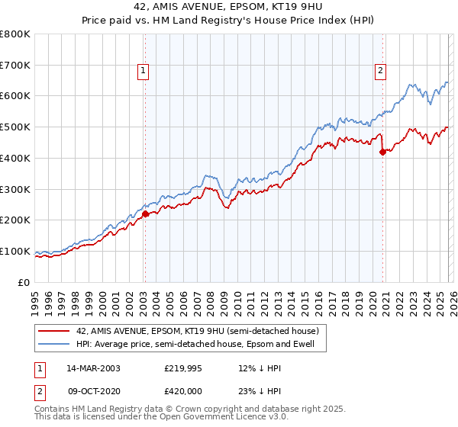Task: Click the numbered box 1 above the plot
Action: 143,72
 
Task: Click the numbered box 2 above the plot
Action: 380,72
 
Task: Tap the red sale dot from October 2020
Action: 382,152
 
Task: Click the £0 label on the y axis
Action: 24,282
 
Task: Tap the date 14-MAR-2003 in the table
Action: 92,368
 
